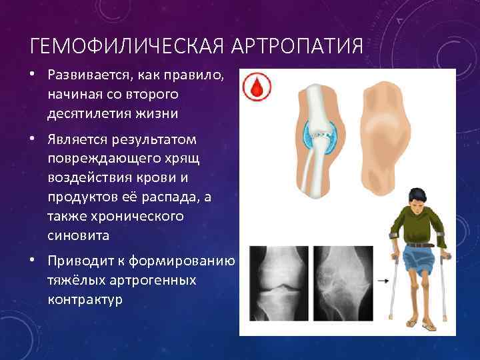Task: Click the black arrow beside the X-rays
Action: click(x=383, y=281)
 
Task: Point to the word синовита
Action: click(x=76, y=236)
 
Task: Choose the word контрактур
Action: click(x=85, y=299)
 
